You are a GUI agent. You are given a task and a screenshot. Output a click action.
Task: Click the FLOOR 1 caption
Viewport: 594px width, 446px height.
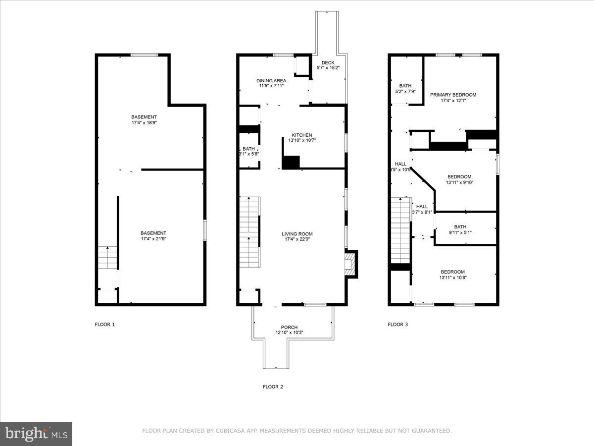coord(104,325)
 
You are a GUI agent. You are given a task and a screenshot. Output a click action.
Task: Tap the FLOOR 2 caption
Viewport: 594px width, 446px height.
coord(273,387)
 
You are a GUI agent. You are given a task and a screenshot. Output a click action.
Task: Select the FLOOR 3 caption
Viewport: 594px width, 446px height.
coord(397,325)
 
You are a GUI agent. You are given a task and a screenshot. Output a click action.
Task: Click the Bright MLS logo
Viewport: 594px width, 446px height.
coord(36,434)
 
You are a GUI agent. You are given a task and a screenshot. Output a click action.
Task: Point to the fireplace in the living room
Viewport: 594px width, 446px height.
coord(350,264)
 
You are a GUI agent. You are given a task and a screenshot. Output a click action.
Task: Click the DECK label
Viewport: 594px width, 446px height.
coord(328,62)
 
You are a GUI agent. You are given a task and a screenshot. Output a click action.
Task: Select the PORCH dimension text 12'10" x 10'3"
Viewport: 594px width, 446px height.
coord(289,333)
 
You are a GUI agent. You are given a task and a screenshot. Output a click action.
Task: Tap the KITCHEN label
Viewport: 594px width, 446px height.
coord(301,135)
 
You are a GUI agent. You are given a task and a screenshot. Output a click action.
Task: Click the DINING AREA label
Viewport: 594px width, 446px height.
coord(271,81)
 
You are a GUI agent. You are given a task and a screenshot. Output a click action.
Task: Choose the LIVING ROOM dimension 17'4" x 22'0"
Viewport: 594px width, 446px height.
coord(297,240)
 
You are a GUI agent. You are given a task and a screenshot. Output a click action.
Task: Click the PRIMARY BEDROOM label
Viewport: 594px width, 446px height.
coord(453,95)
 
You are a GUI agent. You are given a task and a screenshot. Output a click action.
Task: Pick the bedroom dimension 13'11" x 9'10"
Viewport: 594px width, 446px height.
coord(459,182)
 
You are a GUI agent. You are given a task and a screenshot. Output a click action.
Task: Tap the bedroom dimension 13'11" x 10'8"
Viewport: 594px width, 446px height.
coord(453,278)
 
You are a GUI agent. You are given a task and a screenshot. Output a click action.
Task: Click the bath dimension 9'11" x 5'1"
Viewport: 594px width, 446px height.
coord(460,232)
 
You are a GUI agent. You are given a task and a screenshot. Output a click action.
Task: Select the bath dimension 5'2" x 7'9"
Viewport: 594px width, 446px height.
coord(405,91)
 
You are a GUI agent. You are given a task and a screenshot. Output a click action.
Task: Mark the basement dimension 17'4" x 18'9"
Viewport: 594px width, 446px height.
coord(144,122)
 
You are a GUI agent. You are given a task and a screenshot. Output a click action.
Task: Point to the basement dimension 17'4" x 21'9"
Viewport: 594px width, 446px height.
coord(153,239)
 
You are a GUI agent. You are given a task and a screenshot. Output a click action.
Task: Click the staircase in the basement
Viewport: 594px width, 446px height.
coord(107,258)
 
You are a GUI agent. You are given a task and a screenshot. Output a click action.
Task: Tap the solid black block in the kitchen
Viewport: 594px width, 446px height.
coord(291,163)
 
